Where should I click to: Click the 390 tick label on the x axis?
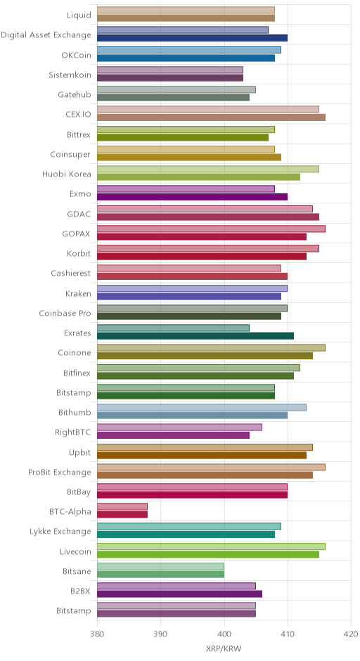(160, 634)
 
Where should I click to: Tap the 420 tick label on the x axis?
(351, 634)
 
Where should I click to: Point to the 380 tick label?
(97, 634)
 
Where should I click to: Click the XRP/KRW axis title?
(224, 649)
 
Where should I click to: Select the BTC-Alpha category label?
(70, 511)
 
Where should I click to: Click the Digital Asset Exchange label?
(46, 35)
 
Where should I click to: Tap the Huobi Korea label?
(66, 174)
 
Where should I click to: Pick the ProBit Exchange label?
(60, 472)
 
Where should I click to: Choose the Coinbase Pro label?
(65, 313)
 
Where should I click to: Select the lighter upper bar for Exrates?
(173, 328)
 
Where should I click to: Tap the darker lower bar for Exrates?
(195, 335)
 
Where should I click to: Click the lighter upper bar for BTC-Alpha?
(122, 506)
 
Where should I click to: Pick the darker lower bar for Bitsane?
(160, 574)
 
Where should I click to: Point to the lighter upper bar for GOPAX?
(211, 229)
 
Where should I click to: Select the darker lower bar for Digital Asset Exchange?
(192, 38)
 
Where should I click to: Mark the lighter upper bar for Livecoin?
(211, 546)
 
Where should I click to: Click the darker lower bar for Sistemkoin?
(170, 77)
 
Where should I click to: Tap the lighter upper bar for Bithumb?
(202, 407)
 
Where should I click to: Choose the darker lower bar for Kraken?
(189, 296)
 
